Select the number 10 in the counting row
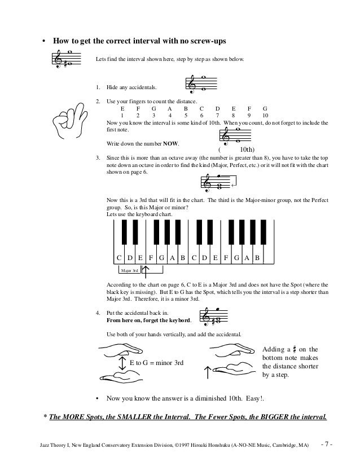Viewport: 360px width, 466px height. (x=265, y=115)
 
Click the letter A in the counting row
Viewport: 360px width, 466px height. (x=170, y=107)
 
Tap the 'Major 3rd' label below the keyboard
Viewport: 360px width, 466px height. (x=129, y=271)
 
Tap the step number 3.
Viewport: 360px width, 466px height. (x=98, y=157)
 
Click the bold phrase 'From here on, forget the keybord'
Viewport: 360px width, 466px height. (x=148, y=319)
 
